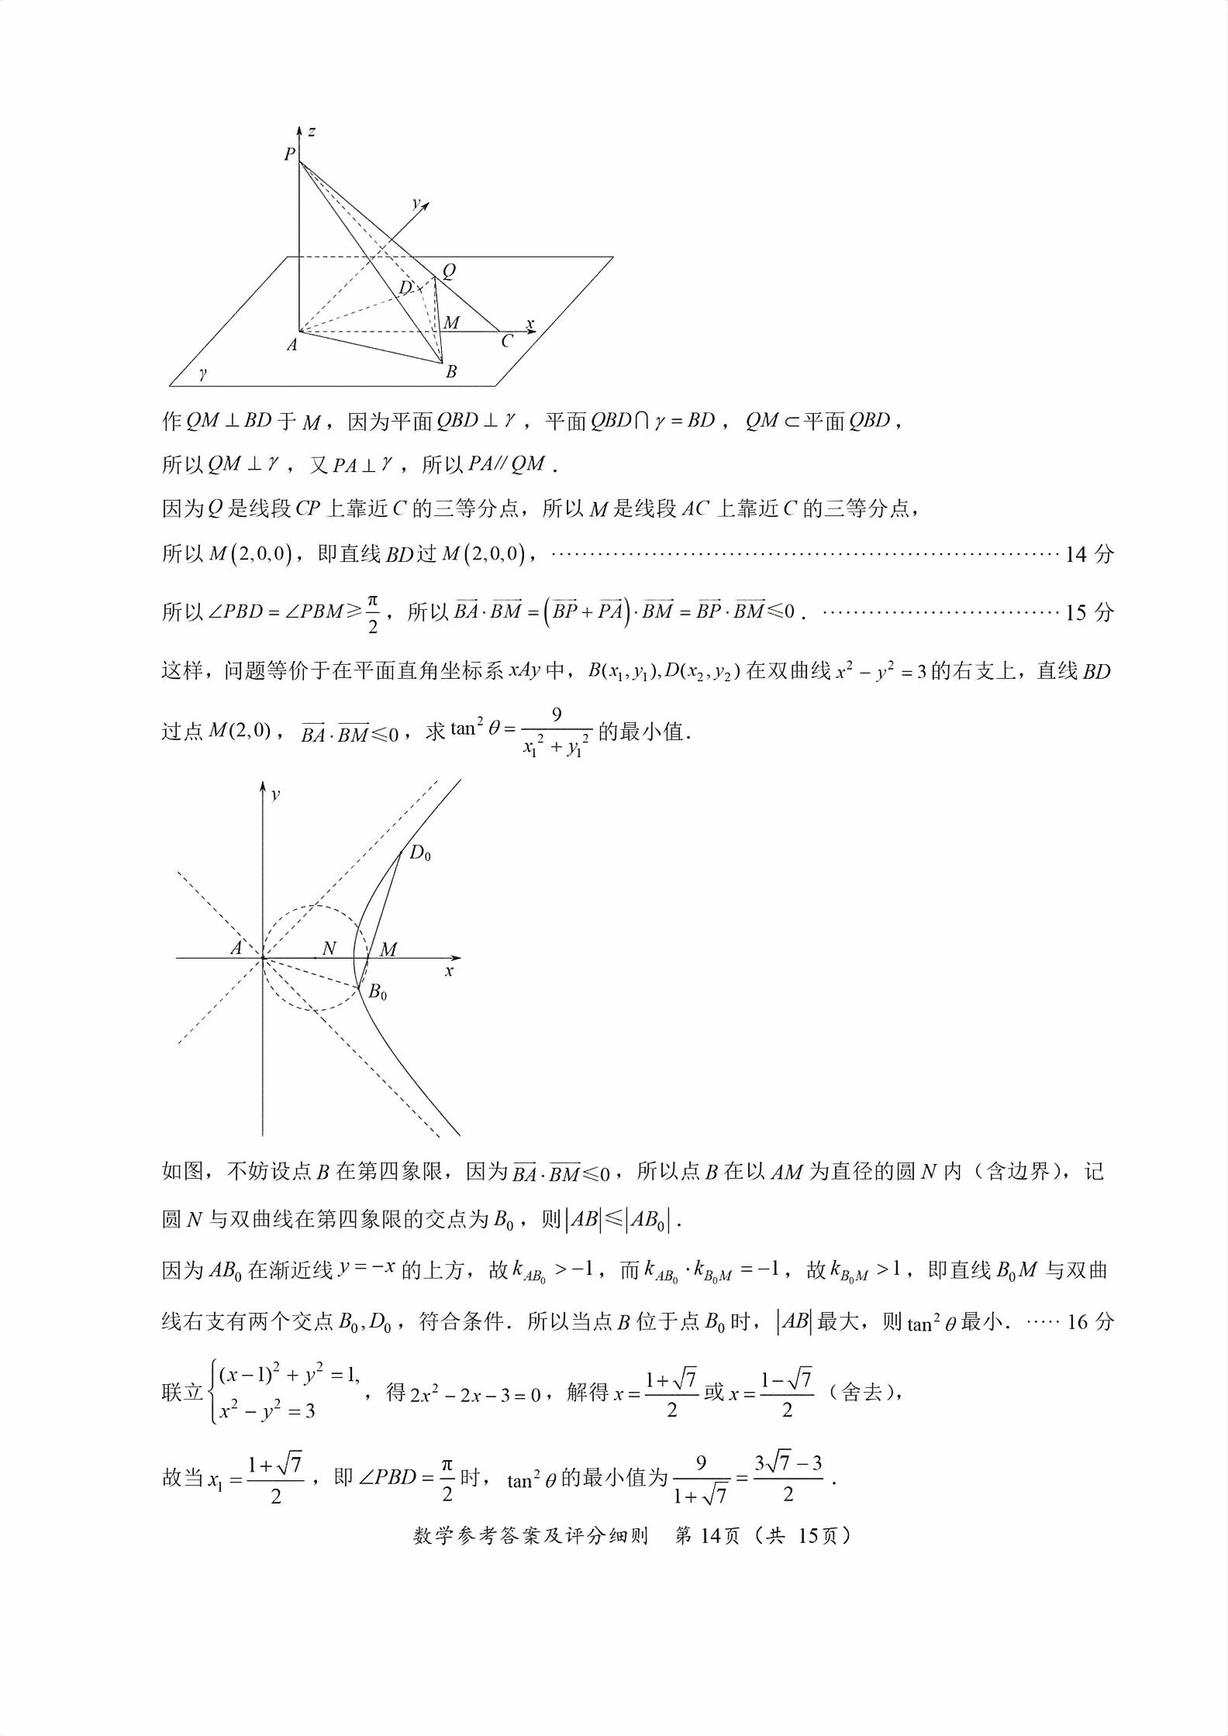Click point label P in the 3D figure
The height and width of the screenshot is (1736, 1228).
click(x=289, y=154)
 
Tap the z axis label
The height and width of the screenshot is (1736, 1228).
click(x=312, y=131)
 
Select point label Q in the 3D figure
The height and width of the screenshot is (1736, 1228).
click(x=449, y=270)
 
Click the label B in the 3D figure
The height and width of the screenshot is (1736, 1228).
click(x=451, y=372)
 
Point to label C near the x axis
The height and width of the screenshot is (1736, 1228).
click(x=507, y=342)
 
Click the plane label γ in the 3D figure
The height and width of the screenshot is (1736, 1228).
click(x=203, y=374)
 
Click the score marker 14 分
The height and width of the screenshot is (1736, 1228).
click(x=1089, y=554)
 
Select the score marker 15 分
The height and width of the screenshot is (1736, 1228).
click(x=1089, y=612)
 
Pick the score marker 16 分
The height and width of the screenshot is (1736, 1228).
click(x=1090, y=1321)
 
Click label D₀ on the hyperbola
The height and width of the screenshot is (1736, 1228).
click(x=419, y=853)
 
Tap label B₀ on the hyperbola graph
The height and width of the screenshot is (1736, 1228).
click(x=378, y=992)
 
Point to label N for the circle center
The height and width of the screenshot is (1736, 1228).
click(x=329, y=948)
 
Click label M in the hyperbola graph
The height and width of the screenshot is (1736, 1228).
click(x=388, y=949)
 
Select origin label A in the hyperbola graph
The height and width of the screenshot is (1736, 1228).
click(x=236, y=948)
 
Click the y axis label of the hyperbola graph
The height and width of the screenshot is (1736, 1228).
click(x=276, y=794)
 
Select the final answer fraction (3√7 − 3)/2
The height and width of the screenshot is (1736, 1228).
click(x=788, y=1478)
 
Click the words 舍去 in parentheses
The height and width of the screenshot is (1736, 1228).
click(x=861, y=1392)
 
